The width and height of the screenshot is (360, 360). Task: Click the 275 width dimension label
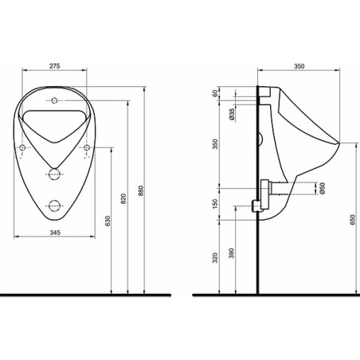tap(55, 66)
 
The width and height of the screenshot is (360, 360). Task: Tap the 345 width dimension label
tap(55, 233)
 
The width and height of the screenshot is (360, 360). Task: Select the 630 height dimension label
tap(108, 221)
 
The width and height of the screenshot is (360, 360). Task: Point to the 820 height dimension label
tap(123, 198)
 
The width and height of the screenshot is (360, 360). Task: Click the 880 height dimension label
tap(141, 190)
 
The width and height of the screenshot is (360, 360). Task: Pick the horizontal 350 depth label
tap(299, 66)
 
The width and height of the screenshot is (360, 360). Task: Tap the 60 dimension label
tap(215, 93)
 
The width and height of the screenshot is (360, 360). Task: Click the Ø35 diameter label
tap(232, 115)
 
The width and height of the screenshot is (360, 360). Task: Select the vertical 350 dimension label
tap(215, 144)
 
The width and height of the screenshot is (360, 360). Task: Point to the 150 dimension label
tap(215, 204)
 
